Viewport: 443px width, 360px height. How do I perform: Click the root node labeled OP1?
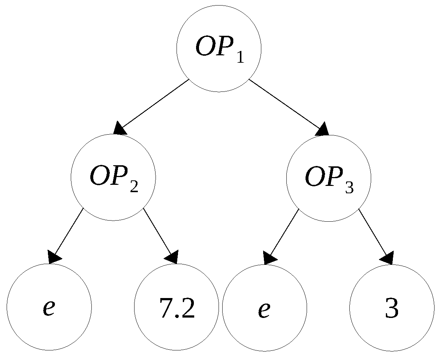(219, 49)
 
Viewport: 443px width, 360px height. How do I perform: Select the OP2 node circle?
(114, 178)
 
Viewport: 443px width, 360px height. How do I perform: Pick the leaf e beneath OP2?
(49, 307)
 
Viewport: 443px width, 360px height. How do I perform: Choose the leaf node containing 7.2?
(177, 307)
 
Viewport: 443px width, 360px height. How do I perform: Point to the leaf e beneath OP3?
(264, 307)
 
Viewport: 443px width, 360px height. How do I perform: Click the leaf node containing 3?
(392, 307)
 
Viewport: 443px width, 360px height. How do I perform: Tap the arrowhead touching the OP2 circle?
(120, 129)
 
